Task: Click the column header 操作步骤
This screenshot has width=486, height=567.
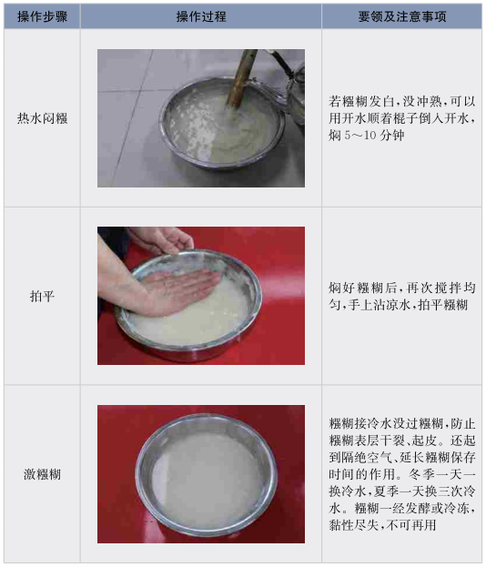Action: (42, 16)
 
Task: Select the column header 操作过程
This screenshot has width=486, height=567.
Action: (201, 16)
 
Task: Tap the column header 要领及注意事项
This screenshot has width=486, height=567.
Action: (402, 16)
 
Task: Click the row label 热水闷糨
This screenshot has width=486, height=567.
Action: (42, 118)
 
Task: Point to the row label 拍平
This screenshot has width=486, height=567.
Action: (42, 296)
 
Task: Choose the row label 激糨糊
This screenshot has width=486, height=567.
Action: (42, 474)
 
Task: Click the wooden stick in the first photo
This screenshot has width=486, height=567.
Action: (242, 77)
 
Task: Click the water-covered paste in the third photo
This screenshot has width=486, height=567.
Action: (206, 477)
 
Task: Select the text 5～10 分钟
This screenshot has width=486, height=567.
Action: (373, 136)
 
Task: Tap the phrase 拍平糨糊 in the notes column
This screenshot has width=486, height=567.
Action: (442, 305)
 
